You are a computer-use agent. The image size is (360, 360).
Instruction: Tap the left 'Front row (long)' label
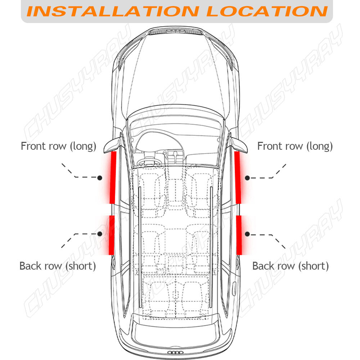click(59, 146)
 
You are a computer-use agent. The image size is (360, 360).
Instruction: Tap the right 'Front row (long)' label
click(295, 146)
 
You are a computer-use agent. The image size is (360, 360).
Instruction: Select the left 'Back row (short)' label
click(58, 266)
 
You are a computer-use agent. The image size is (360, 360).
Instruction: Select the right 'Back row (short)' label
click(291, 266)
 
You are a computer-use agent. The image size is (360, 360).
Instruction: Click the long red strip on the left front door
click(113, 177)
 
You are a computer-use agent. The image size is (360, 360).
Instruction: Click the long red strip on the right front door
click(238, 177)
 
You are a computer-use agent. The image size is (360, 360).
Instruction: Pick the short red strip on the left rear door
click(112, 234)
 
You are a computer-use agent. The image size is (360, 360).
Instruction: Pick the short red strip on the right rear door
click(239, 234)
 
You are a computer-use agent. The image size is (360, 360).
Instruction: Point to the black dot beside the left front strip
click(100, 177)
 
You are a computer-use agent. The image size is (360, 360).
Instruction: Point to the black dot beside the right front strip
click(248, 177)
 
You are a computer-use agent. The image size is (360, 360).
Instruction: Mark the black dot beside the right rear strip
click(247, 234)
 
